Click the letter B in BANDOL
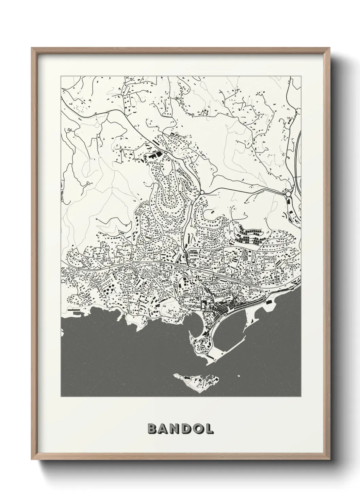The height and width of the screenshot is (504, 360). (152, 428)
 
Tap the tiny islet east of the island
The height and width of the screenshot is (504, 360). (239, 376)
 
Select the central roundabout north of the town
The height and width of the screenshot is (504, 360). (202, 193)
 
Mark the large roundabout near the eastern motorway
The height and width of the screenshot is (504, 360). (289, 194)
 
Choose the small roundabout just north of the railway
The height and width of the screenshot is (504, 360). (184, 251)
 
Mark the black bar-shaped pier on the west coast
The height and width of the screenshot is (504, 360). (73, 310)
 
